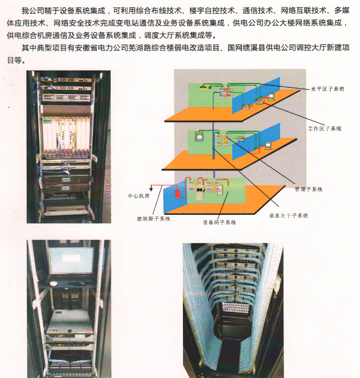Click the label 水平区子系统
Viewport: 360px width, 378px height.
(x=327, y=89)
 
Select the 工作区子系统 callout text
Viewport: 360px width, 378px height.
(x=325, y=128)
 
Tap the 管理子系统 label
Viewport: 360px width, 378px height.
(x=309, y=189)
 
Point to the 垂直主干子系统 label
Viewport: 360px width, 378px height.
(x=289, y=215)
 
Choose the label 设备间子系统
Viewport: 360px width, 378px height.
(x=219, y=222)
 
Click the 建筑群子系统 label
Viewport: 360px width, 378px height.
(x=154, y=219)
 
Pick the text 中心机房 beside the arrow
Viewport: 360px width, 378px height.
(x=139, y=196)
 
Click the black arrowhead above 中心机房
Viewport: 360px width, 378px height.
(x=151, y=189)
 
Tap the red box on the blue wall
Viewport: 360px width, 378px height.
(x=178, y=194)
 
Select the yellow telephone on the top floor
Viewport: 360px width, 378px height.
(x=203, y=87)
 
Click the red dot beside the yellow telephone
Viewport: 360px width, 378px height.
(x=210, y=88)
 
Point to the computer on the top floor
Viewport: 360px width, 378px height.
(x=272, y=97)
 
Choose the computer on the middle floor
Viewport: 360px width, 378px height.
(x=268, y=145)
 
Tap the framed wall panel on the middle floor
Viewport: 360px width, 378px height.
(x=199, y=136)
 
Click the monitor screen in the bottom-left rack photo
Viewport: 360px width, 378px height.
(x=71, y=260)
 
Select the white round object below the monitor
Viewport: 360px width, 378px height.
(x=53, y=283)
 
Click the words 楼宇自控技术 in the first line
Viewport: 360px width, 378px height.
(x=212, y=11)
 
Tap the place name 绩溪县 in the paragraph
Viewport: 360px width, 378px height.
(x=254, y=48)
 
